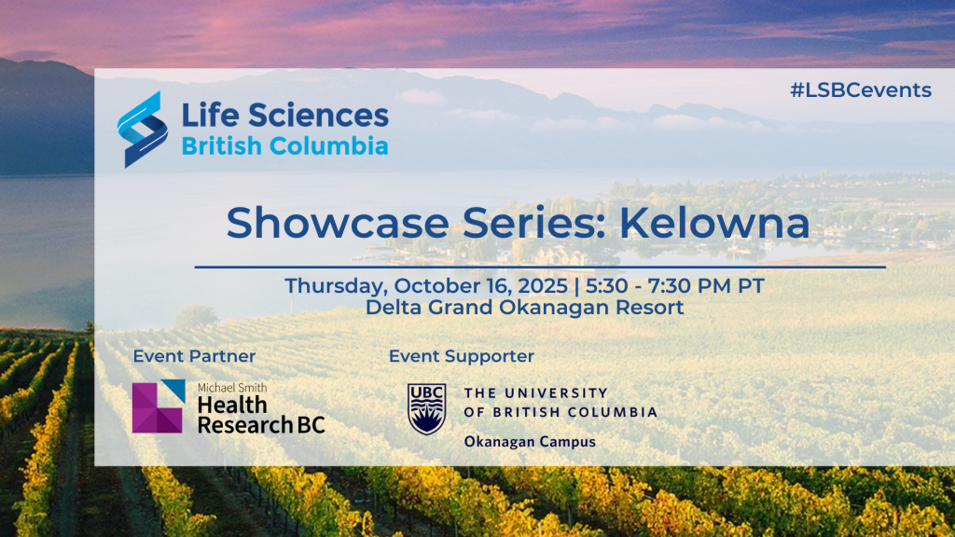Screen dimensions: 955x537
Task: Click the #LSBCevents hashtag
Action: [861, 90]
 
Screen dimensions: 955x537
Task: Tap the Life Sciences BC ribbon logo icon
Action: [143, 129]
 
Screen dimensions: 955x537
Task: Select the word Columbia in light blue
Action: [328, 146]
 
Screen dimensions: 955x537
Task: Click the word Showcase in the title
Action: [338, 223]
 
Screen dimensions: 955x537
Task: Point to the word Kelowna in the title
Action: [714, 223]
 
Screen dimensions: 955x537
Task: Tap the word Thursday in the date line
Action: [336, 286]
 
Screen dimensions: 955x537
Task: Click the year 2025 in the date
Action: [544, 286]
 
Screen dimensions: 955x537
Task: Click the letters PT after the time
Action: [751, 286]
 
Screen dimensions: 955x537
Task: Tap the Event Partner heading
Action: [194, 356]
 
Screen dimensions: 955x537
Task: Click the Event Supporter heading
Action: [461, 356]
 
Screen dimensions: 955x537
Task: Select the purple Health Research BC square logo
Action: [159, 406]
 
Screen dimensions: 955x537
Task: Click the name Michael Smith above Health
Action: [232, 388]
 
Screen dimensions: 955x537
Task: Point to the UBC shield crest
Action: [426, 408]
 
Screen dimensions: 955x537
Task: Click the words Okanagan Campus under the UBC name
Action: [530, 441]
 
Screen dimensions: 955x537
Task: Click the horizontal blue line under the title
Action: [540, 267]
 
